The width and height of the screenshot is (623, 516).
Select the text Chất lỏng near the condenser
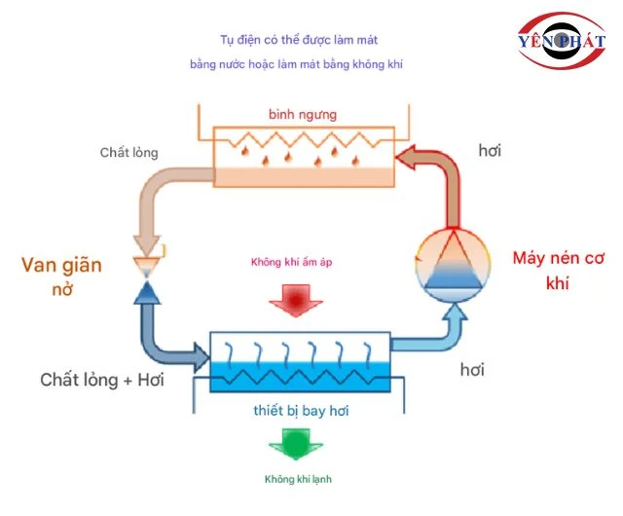tap(128, 153)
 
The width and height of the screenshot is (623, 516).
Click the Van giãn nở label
tap(62, 276)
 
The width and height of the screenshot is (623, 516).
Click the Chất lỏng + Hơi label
tap(102, 380)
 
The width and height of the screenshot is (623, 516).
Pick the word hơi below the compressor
tap(472, 370)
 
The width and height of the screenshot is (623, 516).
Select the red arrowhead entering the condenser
tap(404, 156)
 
